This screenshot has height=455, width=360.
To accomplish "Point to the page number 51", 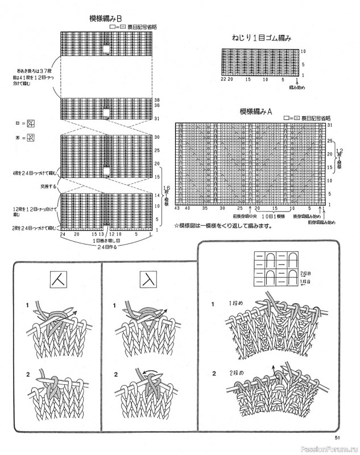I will pos(337,437).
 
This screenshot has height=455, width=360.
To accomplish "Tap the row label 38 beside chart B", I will pos(156,100).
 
